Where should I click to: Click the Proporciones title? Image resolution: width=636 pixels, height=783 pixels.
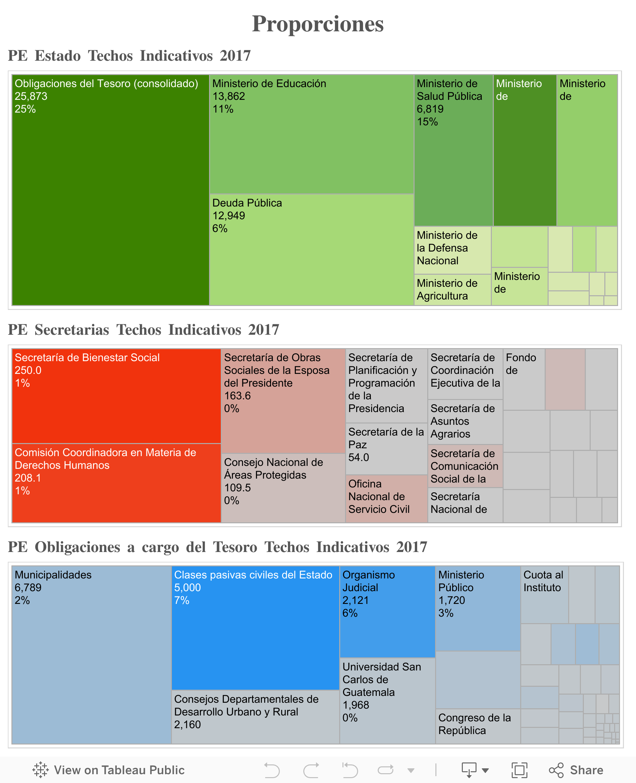[318, 24]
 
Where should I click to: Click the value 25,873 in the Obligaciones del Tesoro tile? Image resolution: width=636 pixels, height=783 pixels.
[31, 96]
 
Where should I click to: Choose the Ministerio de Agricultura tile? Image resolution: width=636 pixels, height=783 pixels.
[452, 290]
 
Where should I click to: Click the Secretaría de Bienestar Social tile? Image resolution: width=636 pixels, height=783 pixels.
[116, 396]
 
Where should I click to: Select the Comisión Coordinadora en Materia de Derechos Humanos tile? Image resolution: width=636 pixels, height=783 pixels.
[116, 483]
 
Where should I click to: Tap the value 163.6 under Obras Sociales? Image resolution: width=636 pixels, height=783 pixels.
[237, 396]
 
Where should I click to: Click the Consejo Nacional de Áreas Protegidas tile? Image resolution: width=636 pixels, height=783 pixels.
[283, 488]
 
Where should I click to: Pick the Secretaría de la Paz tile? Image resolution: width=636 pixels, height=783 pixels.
[386, 449]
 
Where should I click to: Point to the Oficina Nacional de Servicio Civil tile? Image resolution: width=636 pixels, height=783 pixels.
[386, 498]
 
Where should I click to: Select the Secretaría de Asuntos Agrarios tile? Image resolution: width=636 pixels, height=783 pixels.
[465, 422]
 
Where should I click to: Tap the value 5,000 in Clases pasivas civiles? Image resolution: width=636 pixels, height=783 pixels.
[188, 588]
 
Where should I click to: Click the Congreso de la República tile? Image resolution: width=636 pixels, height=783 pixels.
[478, 726]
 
